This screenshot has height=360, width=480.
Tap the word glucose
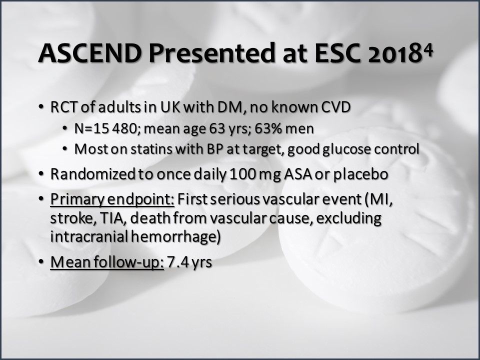353,149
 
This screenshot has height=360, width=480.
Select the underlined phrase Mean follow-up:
107,262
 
